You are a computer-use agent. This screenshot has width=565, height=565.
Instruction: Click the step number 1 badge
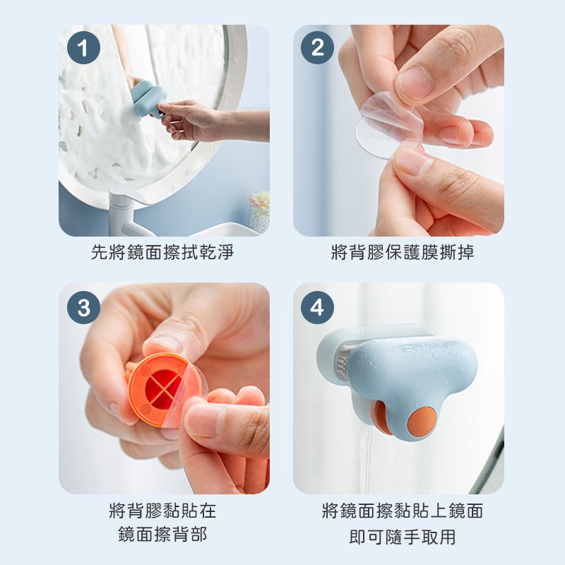coord(83,47)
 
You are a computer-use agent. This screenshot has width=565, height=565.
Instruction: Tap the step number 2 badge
coord(317,47)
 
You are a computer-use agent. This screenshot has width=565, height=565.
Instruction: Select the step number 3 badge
coord(83,307)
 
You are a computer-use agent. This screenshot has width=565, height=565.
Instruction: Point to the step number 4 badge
coord(317,307)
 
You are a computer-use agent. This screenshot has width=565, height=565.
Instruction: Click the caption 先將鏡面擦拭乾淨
coord(162,252)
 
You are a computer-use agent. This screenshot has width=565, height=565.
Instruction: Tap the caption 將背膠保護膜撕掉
coord(403,252)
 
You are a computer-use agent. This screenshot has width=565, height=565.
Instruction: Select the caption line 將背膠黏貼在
coord(162,511)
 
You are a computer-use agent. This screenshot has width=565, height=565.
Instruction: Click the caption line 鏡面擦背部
coord(162,534)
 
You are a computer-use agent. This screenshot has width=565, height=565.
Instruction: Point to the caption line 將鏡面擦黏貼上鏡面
coord(403,511)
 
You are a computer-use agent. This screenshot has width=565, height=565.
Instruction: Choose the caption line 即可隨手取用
coord(403,537)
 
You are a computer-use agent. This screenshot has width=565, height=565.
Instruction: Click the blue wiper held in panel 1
coord(148,98)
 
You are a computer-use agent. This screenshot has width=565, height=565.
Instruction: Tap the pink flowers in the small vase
coord(259,200)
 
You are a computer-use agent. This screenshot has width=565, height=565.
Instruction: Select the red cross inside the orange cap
coord(163,390)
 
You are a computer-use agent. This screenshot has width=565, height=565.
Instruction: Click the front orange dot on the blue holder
coord(422,422)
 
